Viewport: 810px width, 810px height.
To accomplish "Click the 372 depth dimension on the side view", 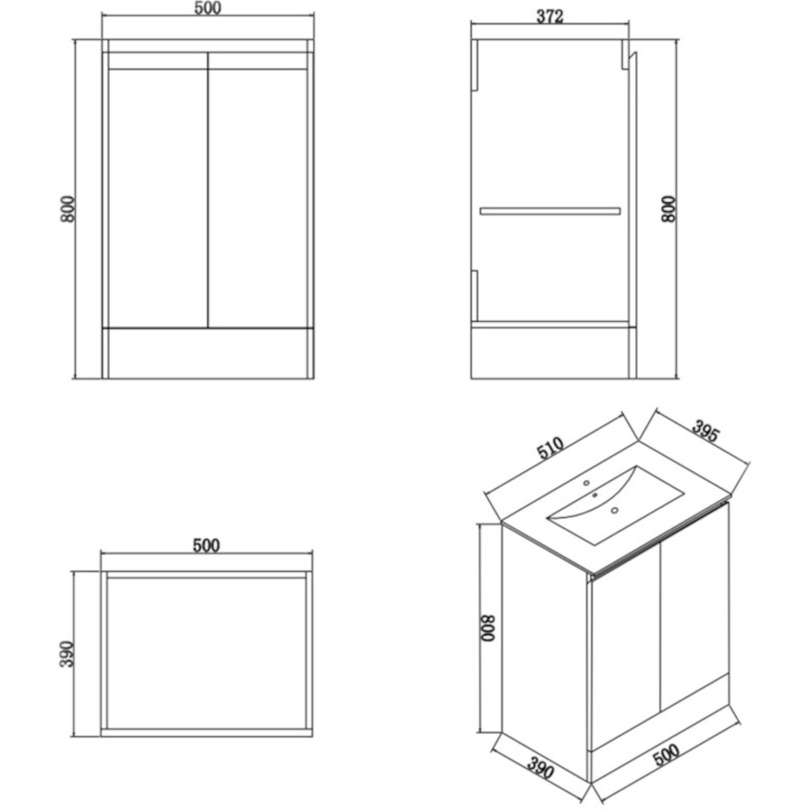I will tap(549, 16).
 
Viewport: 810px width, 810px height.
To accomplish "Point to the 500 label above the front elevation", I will tap(207, 9).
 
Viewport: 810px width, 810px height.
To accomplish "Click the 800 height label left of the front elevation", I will tap(68, 209).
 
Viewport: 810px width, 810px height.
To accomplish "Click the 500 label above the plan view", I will tap(206, 546).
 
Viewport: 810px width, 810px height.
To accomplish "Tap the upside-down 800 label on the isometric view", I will tap(486, 631).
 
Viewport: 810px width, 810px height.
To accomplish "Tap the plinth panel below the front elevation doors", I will tap(207, 352).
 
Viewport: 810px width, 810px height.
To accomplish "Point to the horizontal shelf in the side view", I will tap(550, 209).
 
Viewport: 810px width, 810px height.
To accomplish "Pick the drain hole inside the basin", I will tap(614, 511).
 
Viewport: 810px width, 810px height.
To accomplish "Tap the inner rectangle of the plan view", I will tap(207, 654).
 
